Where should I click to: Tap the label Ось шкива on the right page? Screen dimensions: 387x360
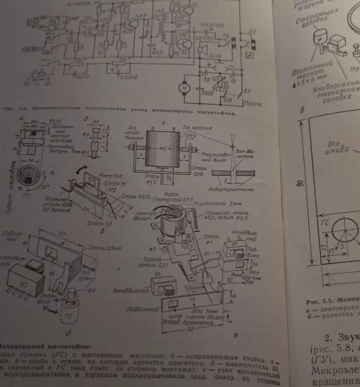tap(336, 147)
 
